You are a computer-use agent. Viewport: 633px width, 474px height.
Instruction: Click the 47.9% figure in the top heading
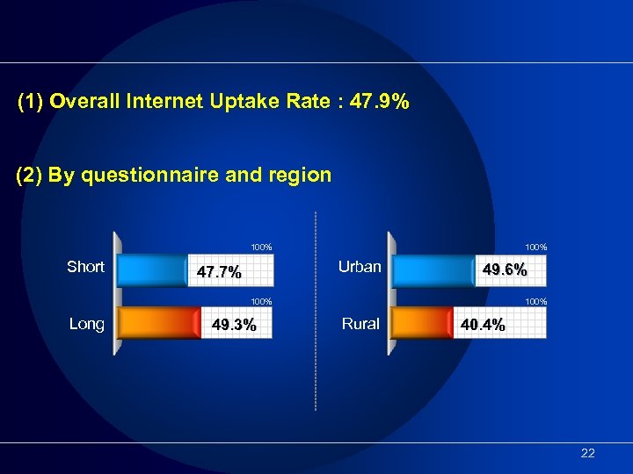point(378,103)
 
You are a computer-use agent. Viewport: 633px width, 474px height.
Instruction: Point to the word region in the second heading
point(302,175)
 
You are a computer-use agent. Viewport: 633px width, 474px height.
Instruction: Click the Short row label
point(85,267)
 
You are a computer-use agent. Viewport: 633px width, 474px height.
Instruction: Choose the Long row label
point(86,324)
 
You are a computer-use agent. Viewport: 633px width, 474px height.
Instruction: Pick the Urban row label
point(360,267)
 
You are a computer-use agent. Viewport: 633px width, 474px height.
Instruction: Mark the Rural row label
point(360,324)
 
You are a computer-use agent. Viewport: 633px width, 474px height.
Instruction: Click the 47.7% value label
point(219,272)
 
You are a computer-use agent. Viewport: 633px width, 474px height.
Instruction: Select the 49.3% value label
point(234,326)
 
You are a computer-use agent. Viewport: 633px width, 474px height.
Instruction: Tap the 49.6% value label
point(505,270)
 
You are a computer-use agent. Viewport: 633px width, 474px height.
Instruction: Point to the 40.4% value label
point(483,326)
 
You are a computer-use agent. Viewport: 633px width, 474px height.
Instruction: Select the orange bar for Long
point(158,325)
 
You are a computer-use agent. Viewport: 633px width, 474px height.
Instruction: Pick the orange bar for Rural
point(422,325)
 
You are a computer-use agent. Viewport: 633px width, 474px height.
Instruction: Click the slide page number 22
point(588,453)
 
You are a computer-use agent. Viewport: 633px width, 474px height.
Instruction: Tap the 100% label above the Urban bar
point(535,248)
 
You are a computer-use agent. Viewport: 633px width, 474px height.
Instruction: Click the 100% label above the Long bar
point(261,302)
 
